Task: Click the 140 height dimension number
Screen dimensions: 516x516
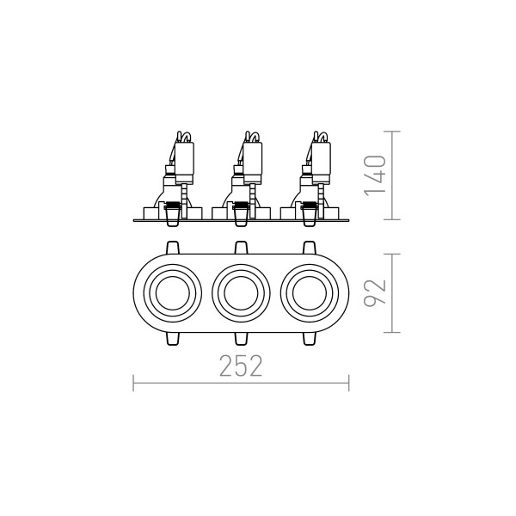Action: (375, 175)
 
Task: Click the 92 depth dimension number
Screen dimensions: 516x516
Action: (375, 292)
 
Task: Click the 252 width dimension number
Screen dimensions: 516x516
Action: (241, 365)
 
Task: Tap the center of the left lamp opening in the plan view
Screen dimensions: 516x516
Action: (172, 293)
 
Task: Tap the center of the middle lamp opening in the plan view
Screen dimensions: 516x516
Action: (241, 293)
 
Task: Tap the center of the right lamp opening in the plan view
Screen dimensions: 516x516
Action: (310, 293)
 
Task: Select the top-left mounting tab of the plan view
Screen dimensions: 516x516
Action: (173, 248)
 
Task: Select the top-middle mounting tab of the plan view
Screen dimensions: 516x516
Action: (241, 248)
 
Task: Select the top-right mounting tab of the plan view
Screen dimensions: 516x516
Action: (309, 248)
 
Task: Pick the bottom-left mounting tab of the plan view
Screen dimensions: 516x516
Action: (173, 338)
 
